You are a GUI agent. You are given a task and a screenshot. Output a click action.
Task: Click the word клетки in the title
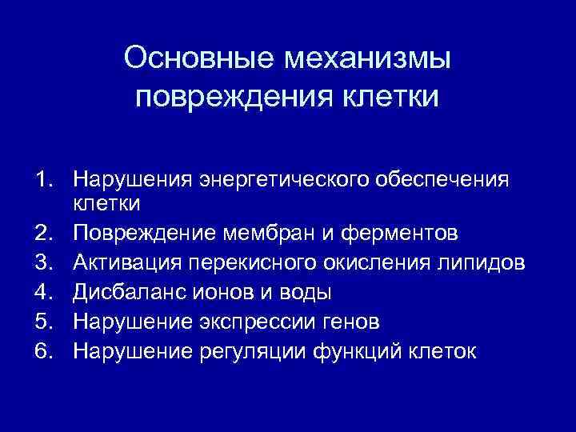pyautogui.click(x=390, y=97)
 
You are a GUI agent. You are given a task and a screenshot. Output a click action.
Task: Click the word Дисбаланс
pyautogui.click(x=130, y=292)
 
